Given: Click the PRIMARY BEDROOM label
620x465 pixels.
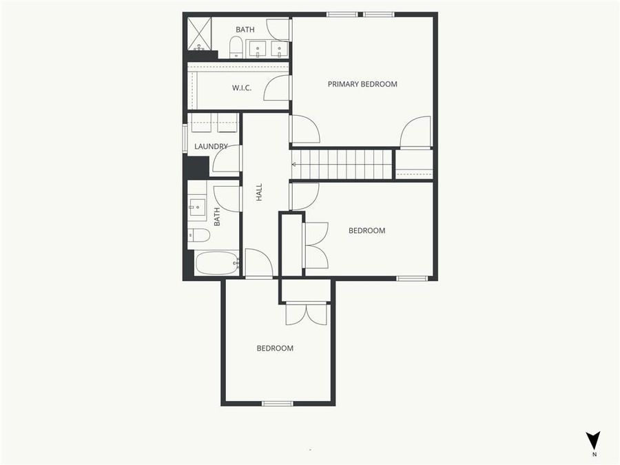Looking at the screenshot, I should (362, 84).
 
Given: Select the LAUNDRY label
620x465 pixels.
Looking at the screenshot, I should (211, 146).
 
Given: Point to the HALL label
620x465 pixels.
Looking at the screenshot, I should (260, 192).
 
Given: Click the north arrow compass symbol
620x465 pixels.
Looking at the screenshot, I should (592, 441).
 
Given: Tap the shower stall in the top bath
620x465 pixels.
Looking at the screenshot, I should (199, 34).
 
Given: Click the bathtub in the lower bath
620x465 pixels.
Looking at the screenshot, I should (216, 262).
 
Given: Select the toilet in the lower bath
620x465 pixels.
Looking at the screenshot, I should (199, 235).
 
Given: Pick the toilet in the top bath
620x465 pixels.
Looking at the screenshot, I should (236, 48).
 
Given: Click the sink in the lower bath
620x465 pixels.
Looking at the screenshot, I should (196, 205).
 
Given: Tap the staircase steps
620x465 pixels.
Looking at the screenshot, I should (349, 165).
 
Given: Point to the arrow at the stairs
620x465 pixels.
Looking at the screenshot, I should (296, 165).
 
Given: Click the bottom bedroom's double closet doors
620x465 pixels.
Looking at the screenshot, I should (307, 313).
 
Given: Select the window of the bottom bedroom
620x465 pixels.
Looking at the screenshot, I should (278, 403).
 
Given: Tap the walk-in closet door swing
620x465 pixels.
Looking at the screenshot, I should (277, 87).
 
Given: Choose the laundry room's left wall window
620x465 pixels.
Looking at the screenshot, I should (185, 137).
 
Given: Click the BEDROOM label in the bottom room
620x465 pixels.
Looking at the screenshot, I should (275, 348).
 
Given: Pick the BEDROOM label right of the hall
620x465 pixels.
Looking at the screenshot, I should (366, 231).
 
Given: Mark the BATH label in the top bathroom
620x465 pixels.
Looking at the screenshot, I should (245, 30).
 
